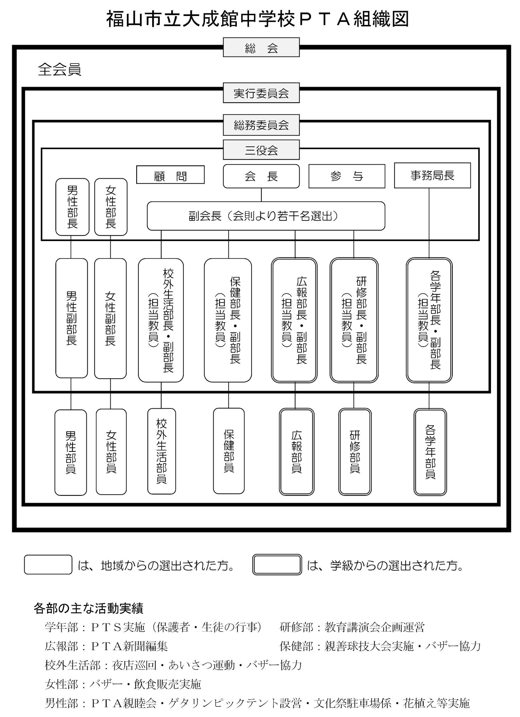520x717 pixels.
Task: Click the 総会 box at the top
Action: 261,47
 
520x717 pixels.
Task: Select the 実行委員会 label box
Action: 261,93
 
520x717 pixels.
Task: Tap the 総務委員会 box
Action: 261,125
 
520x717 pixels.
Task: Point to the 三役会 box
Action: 261,150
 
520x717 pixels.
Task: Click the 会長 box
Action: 261,176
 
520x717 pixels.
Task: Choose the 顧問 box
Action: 170,174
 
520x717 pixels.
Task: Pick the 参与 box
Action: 347,176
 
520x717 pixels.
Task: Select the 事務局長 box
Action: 432,175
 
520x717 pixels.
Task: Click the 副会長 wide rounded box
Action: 266,216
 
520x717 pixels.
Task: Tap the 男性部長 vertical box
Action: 72,207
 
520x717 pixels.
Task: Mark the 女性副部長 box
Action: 110,318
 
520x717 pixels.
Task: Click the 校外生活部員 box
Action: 162,451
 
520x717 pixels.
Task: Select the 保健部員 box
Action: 229,451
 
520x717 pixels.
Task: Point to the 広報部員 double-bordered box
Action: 296,452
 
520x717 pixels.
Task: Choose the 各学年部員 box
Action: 430,452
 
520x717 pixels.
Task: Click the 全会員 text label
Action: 60,69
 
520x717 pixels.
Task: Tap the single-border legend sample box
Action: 48,565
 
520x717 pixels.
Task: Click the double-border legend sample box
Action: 277,565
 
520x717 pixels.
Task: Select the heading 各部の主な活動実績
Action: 88,608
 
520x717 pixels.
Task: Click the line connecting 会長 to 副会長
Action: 261,195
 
